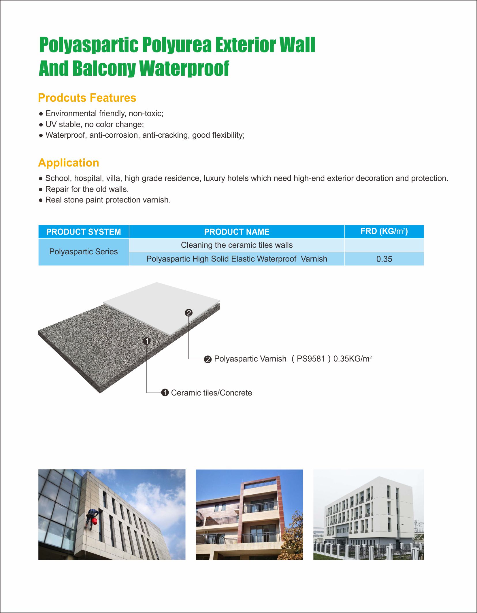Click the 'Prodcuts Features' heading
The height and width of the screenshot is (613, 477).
87,98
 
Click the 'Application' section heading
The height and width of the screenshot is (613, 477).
69,163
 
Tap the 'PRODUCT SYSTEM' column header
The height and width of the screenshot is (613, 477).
84,232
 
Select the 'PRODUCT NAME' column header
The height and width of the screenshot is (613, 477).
237,232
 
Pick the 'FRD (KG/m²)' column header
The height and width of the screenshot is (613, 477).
384,231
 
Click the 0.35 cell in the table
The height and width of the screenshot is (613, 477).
384,259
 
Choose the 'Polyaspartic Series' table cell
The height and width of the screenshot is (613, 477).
84,252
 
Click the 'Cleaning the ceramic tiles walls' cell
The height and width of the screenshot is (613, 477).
237,245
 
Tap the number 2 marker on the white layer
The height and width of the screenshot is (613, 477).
189,313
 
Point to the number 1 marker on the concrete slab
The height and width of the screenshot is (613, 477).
147,341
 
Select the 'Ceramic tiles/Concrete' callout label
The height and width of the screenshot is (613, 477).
212,393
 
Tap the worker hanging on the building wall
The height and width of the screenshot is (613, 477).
91,517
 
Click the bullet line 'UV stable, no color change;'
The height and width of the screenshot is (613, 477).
95,124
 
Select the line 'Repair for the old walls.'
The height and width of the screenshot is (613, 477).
87,189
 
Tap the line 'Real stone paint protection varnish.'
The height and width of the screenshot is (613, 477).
108,200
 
